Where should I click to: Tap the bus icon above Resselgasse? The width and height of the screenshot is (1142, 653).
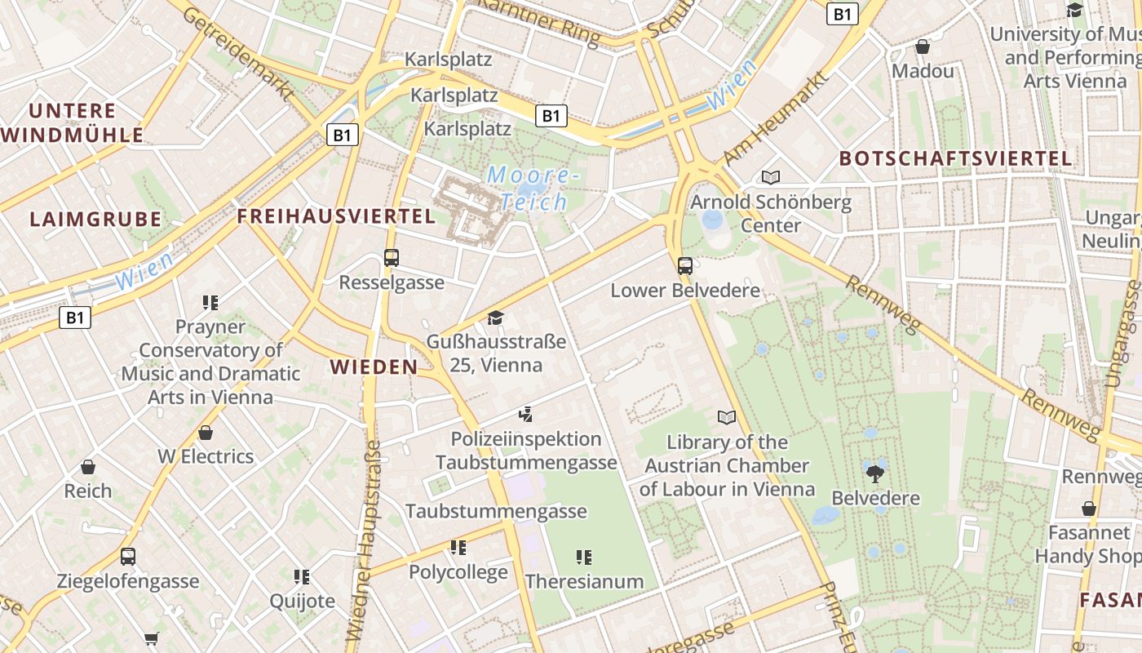pos(392,258)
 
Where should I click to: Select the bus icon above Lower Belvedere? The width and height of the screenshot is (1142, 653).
pos(685,265)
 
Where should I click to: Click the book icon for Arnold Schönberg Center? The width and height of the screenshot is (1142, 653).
pos(770,177)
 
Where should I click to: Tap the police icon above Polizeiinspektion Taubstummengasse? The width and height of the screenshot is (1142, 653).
pos(525,415)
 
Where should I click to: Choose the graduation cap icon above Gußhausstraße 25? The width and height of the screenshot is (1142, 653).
pos(495,317)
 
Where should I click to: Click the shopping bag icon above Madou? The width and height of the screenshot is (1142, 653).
pos(923,47)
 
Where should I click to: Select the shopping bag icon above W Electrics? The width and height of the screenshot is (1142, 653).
pos(206,433)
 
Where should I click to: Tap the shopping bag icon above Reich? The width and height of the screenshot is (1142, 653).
pos(88,467)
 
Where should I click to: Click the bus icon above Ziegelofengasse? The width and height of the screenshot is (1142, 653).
pos(128,557)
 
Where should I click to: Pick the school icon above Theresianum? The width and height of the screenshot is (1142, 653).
pos(583,557)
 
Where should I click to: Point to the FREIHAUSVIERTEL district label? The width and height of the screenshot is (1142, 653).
pos(336,216)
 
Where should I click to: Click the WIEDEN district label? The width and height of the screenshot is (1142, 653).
pos(374,367)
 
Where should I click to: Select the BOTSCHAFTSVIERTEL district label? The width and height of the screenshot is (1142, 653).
pos(955,158)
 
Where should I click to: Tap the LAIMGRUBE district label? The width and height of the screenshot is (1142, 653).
pos(95,220)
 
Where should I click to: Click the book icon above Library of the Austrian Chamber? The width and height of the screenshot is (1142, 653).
pos(726,418)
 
